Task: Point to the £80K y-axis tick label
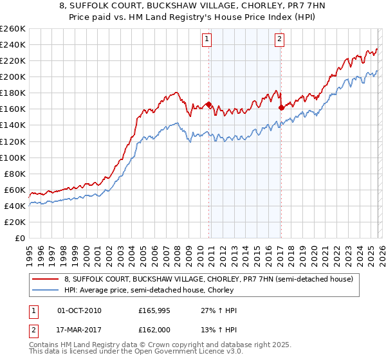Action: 14,174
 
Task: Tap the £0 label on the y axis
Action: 19,238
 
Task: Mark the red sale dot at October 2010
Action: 208,104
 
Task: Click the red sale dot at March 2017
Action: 281,107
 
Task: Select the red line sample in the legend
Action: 45,280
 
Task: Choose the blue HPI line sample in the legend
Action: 45,291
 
